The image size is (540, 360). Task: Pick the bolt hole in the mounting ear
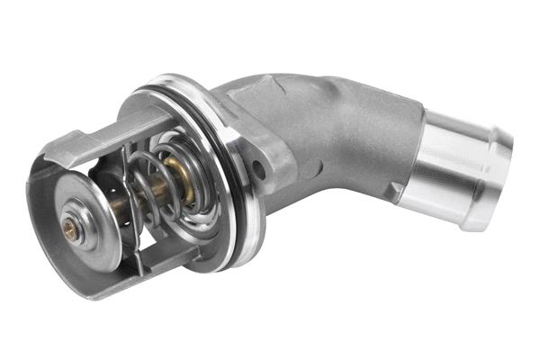pos(258,168)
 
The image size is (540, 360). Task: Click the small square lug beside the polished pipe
pos(397,190)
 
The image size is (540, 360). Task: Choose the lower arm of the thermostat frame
pos(144,270)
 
